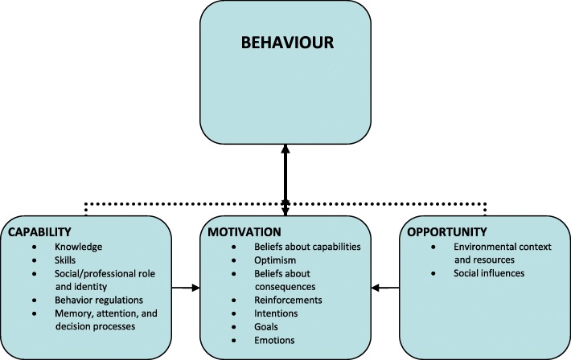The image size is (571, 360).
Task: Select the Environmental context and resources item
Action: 493,252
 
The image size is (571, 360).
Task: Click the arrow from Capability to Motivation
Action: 186,286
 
